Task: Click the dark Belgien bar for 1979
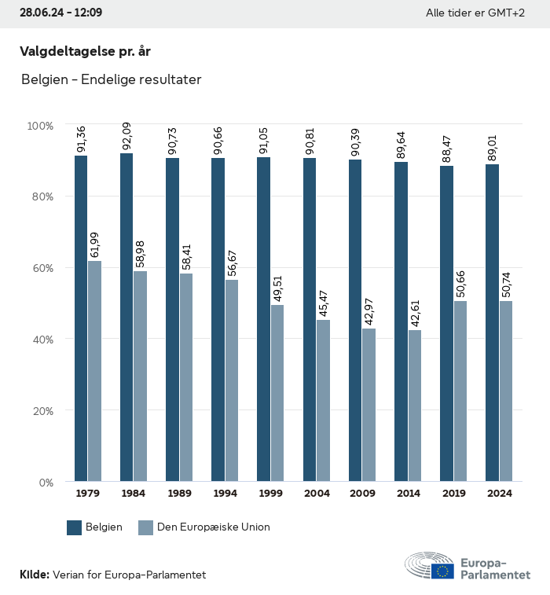(81, 318)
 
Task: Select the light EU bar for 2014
(414, 406)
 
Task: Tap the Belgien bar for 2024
(492, 322)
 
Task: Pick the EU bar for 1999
(277, 393)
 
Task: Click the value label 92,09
(126, 138)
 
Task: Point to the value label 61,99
(94, 245)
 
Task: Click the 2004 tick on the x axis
(317, 494)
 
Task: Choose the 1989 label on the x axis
(179, 494)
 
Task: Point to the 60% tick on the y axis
(41, 268)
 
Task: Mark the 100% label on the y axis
(39, 126)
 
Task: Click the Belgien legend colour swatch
(75, 527)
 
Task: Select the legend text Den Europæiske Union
(213, 527)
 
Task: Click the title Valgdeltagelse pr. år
(85, 51)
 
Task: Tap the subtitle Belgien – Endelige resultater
(111, 80)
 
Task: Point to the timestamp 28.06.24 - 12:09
(60, 13)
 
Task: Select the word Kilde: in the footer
(35, 575)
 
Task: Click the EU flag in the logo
(442, 571)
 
